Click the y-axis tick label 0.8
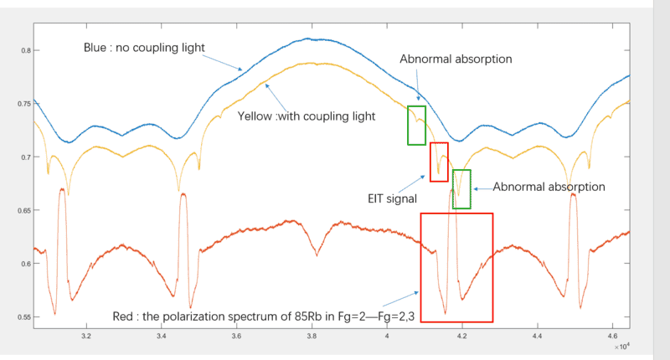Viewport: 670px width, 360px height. point(24,51)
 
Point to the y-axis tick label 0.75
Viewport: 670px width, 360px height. point(23,104)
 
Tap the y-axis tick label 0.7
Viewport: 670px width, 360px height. point(24,157)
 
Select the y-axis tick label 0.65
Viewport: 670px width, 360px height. point(23,210)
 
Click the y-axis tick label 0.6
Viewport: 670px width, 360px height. point(24,264)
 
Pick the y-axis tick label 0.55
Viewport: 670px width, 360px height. point(23,316)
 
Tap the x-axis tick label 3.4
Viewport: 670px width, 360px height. point(162,337)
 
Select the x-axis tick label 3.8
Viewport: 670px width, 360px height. point(312,337)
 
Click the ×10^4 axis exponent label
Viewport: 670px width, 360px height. point(621,345)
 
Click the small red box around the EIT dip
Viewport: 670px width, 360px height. point(439,162)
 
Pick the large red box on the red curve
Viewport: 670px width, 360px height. point(456,267)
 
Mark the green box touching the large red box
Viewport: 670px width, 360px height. point(461,189)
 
